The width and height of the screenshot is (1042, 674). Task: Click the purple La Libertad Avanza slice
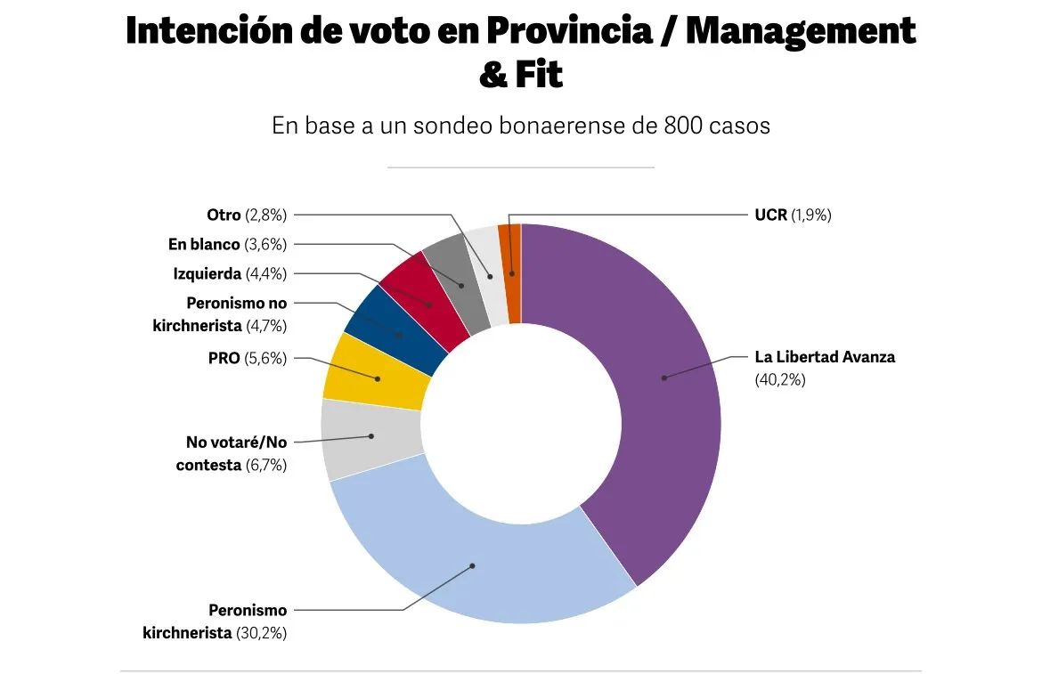click(x=663, y=401)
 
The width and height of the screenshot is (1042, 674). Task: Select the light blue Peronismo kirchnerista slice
click(x=473, y=566)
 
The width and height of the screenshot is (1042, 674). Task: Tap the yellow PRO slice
click(x=378, y=378)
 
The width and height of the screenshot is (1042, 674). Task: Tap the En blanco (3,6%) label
click(x=227, y=244)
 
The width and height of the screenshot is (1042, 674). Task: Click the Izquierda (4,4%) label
click(x=230, y=273)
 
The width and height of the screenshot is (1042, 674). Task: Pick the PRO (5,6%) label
click(x=247, y=358)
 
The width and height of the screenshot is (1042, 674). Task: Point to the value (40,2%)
click(x=779, y=379)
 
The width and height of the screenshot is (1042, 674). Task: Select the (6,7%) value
click(x=265, y=464)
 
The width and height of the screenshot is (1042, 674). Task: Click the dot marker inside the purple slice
click(x=663, y=378)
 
